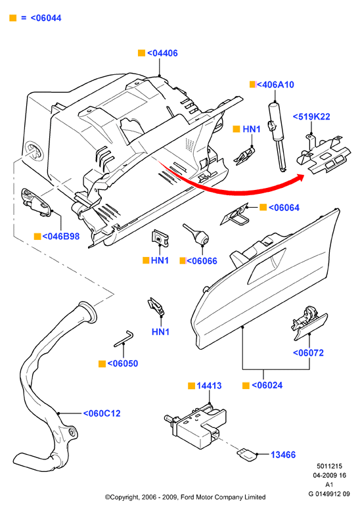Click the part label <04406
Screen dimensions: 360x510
coord(163,53)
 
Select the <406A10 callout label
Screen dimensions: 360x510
coord(275,85)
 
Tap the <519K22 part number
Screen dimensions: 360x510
coord(311,117)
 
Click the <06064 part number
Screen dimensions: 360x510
coord(284,208)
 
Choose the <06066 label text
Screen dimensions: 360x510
coord(202,261)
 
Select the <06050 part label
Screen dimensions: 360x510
coord(123,363)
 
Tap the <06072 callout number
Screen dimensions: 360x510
coord(308,353)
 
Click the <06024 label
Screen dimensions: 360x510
coord(267,385)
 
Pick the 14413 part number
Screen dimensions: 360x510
coord(209,386)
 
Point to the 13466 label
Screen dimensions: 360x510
coord(283,455)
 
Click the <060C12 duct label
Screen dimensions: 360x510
coord(102,413)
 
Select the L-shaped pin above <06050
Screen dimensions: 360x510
coord(124,338)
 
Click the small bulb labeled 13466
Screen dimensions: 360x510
coord(248,454)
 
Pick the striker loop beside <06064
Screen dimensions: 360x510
coord(236,215)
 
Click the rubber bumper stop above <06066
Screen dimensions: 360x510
coord(196,234)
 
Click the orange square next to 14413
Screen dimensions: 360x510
coord(192,386)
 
